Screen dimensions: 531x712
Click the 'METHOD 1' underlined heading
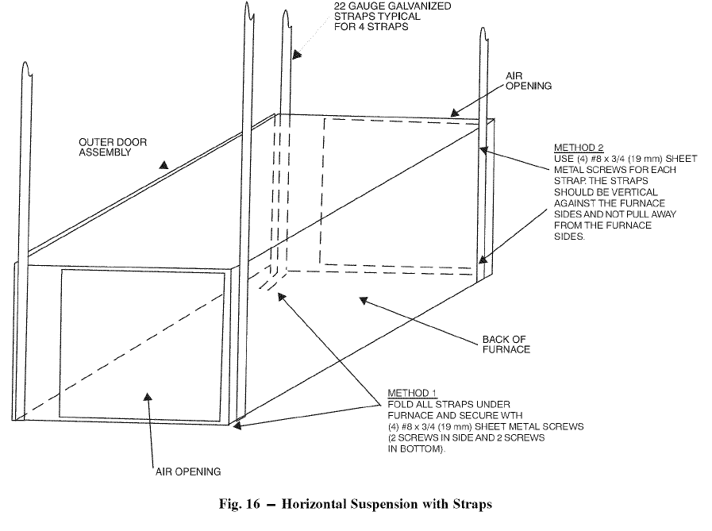[412, 394]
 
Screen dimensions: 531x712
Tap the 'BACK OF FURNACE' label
[506, 344]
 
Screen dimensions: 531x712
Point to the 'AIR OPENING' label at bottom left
[187, 471]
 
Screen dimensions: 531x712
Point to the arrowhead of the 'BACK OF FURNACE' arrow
[362, 299]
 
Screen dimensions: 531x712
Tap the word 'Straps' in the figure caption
[473, 505]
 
